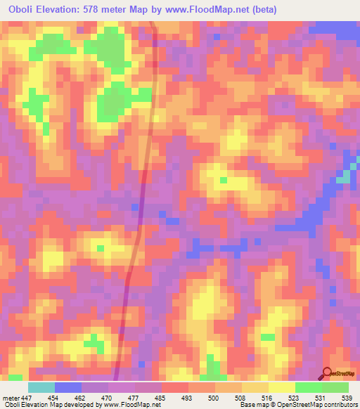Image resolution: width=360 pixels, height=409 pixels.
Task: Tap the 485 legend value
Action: (x=161, y=397)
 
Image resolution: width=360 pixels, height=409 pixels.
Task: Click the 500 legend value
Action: (x=214, y=397)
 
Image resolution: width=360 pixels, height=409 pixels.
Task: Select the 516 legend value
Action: (x=268, y=397)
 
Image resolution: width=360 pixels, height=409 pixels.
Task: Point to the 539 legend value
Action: (x=347, y=397)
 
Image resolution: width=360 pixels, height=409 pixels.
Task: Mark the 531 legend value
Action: (x=321, y=397)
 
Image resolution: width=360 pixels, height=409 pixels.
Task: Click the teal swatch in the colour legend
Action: (x=41, y=387)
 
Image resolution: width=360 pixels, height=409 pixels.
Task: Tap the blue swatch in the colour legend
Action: (x=68, y=387)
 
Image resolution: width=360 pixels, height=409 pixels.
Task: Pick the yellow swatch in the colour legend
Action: (x=282, y=387)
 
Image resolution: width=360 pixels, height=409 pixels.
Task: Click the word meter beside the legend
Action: (x=10, y=397)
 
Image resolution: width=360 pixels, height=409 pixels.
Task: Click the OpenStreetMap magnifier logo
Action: (x=327, y=373)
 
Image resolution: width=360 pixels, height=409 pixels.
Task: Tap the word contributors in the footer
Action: (x=339, y=405)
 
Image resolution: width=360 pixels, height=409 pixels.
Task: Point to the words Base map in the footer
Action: (x=250, y=405)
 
